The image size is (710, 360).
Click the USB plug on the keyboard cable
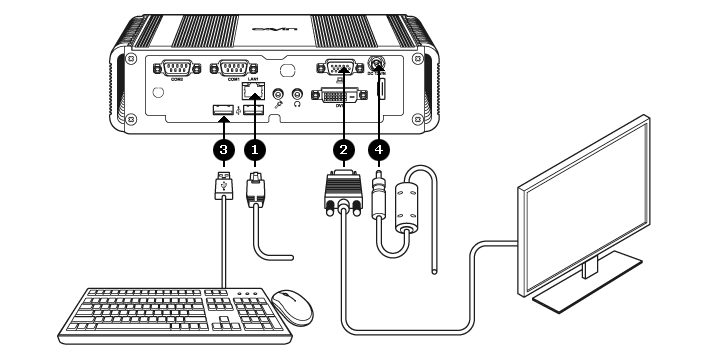click(221, 187)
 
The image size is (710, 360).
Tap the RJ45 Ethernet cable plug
click(255, 188)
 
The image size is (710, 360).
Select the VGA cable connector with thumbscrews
click(342, 192)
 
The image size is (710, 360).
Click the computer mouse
click(291, 306)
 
